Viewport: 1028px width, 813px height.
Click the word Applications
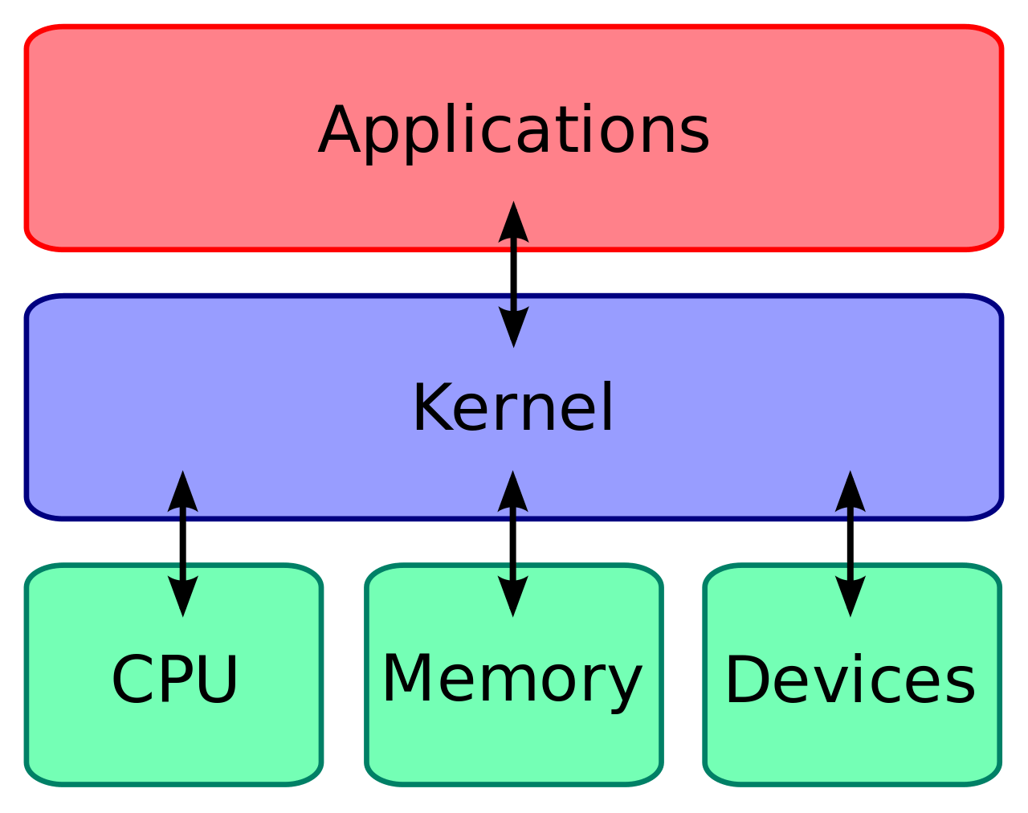tap(514, 130)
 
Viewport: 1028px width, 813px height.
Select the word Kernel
tap(513, 408)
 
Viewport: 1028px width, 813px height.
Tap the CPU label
tap(174, 680)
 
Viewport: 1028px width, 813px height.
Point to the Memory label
tap(512, 680)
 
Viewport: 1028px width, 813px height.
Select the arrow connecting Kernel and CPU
tap(183, 544)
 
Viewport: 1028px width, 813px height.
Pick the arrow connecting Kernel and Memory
tap(513, 544)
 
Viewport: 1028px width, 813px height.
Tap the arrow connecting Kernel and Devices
tap(851, 544)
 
